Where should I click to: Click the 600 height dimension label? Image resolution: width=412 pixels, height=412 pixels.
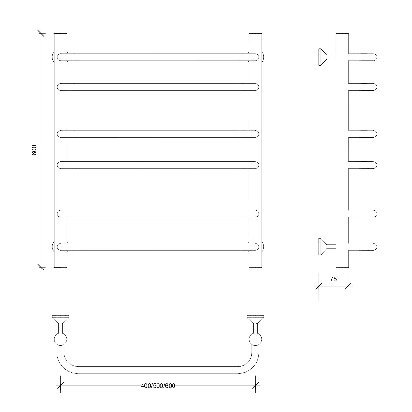(x=34, y=150)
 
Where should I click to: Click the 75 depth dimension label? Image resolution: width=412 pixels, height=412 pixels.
(x=333, y=279)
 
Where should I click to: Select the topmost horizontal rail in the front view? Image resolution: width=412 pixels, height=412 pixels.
(x=158, y=57)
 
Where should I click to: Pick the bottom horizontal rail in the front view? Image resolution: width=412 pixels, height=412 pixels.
(x=158, y=247)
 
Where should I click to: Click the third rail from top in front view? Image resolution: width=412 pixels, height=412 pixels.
(x=158, y=134)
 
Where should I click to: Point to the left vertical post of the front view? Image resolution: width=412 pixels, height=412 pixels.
(x=60, y=150)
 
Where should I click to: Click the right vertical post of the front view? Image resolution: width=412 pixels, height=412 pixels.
(x=256, y=150)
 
